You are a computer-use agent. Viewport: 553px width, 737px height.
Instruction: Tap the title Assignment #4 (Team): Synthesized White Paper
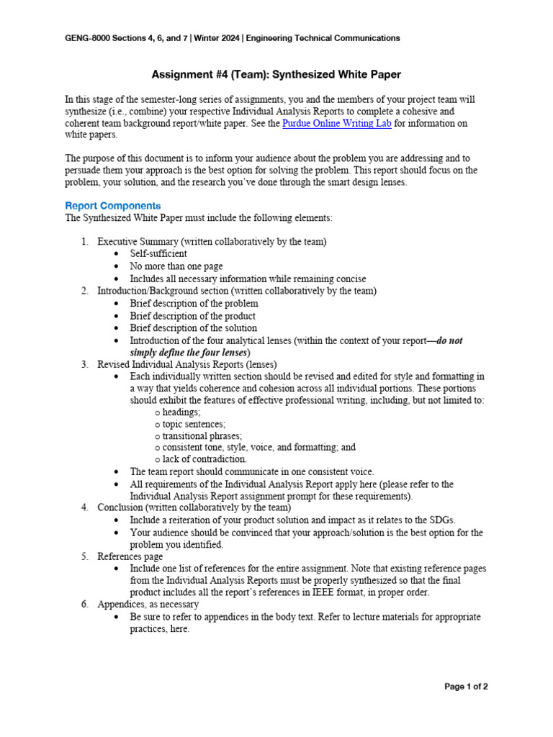click(x=276, y=74)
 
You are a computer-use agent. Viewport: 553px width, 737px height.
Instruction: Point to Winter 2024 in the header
click(x=214, y=38)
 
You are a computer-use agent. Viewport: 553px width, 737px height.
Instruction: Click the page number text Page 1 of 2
click(x=466, y=687)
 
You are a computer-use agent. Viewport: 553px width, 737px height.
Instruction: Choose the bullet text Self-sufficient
click(x=158, y=254)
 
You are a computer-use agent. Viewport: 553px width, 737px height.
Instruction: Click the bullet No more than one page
click(x=176, y=266)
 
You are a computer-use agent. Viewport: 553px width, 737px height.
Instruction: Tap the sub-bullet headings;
click(x=181, y=412)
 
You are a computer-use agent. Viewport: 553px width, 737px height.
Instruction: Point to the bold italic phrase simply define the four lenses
click(x=189, y=353)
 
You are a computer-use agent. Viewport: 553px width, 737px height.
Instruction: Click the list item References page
click(x=130, y=556)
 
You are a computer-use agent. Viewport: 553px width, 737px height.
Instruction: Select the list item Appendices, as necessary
click(x=148, y=605)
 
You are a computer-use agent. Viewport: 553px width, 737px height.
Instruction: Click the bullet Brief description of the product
click(x=192, y=316)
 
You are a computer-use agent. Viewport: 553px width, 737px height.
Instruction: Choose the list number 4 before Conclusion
click(x=84, y=507)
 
